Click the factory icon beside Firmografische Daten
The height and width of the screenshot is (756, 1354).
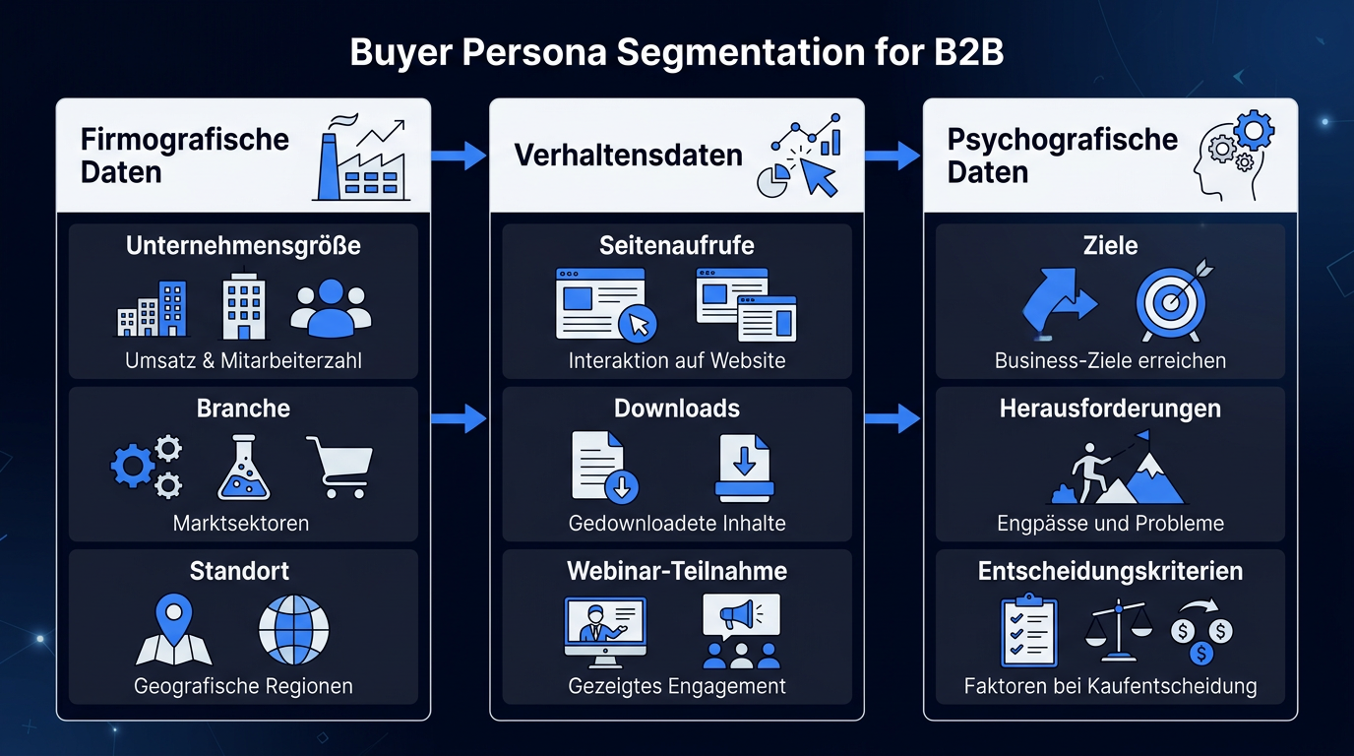361,157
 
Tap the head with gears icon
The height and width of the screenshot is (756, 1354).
1233,156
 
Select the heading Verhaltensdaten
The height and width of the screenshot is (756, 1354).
628,155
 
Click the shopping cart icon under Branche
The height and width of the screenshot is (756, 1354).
339,467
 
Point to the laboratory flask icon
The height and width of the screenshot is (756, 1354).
244,467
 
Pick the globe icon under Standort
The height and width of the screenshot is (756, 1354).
294,630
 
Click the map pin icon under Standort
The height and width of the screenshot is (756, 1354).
174,630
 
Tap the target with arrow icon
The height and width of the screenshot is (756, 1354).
1174,300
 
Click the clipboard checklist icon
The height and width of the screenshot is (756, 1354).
1029,630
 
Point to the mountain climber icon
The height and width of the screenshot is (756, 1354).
1117,468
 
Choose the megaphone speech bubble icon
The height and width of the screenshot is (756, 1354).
741,617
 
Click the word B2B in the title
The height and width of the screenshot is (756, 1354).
969,52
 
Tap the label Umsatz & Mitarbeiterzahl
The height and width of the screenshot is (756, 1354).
244,360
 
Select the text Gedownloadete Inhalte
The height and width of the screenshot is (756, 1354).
677,523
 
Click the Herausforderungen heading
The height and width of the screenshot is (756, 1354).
1110,409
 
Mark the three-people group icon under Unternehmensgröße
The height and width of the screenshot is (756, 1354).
332,307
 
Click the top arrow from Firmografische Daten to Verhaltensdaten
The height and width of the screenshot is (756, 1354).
459,156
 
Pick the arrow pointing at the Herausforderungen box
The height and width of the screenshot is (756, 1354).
892,418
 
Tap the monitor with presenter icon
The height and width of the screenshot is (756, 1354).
605,632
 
